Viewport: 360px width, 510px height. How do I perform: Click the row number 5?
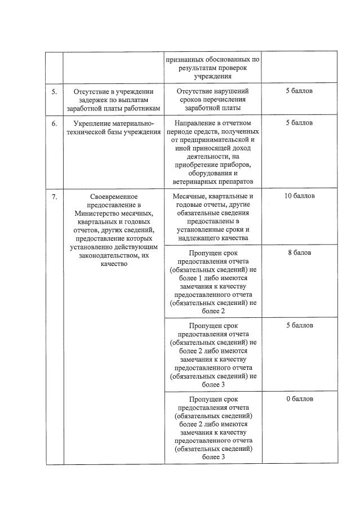[54, 91]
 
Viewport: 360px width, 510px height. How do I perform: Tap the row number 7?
[54, 197]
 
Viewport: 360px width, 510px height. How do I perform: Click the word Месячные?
[190, 196]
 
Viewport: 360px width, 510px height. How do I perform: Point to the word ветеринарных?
[193, 181]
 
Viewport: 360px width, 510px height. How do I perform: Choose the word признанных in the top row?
[184, 59]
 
